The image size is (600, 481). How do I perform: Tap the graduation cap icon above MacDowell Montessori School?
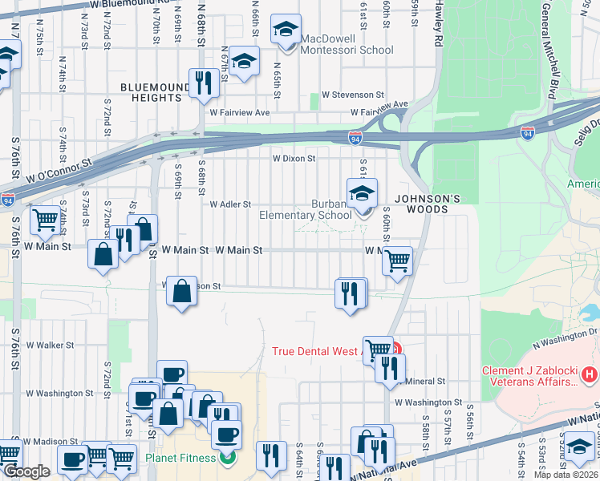coord(285,30)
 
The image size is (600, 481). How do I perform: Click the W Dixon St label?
coord(294,159)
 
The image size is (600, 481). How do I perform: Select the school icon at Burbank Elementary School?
coord(362,194)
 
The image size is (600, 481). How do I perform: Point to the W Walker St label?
coord(50,346)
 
